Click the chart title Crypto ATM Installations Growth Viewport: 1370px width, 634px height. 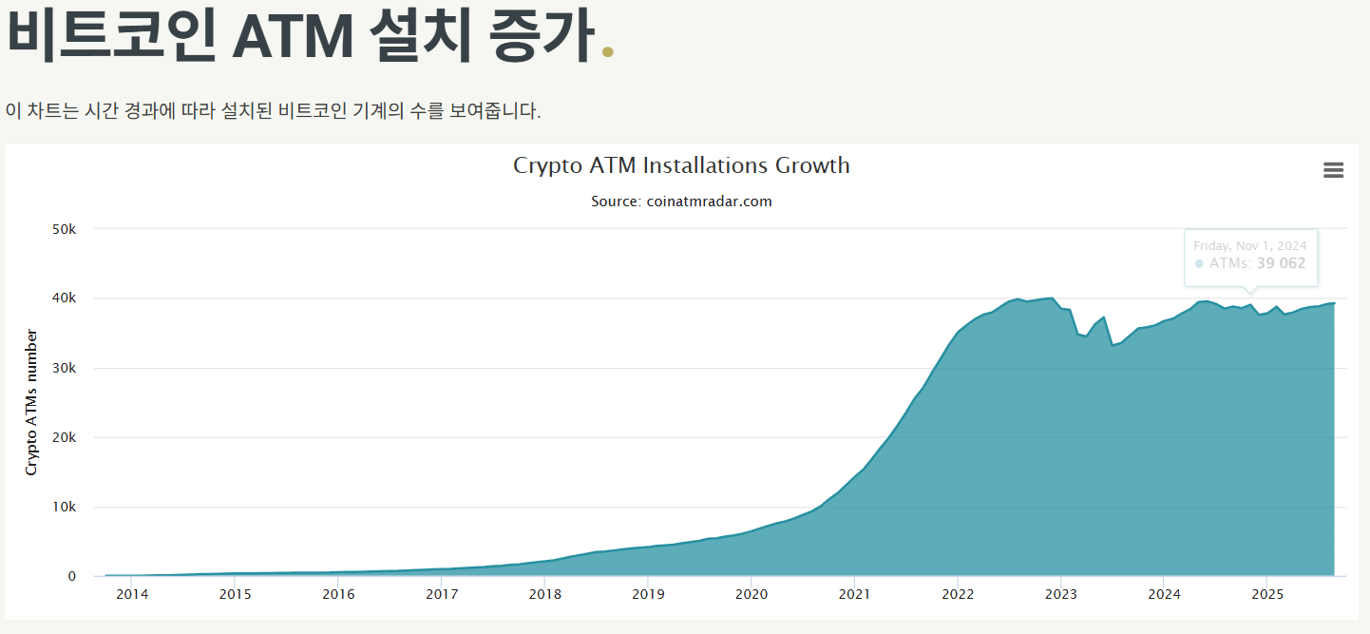681,165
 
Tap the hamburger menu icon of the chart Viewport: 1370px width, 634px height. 1333,170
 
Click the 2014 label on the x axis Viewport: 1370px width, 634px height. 132,595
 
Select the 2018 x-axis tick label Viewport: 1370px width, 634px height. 544,595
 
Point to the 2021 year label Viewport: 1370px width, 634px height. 854,595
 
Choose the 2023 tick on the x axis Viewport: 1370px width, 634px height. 1060,595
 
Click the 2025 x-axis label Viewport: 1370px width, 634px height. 1266,595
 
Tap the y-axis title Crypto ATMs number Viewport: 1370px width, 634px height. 31,402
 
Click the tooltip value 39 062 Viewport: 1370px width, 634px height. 1281,263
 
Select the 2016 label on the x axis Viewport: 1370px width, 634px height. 338,595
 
